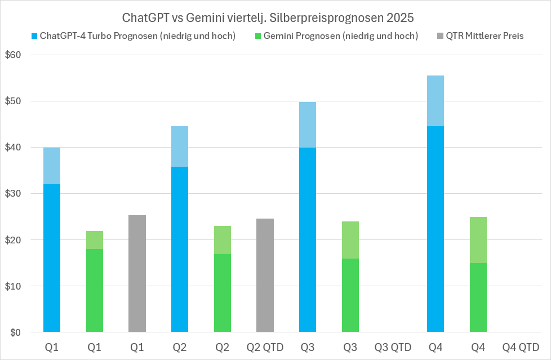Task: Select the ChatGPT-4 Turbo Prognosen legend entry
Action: click(x=133, y=36)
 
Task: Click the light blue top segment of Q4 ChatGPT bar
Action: click(x=436, y=100)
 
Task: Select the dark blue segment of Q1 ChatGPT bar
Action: click(x=52, y=258)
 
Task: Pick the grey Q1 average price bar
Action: click(x=137, y=273)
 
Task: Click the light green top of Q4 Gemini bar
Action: click(x=478, y=240)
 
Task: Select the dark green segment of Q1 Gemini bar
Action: click(x=95, y=290)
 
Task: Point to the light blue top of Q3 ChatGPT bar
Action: click(x=308, y=125)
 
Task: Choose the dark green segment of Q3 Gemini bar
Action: click(x=350, y=295)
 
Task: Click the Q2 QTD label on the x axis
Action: click(x=265, y=347)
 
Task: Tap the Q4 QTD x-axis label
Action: click(x=521, y=347)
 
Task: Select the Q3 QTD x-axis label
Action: click(x=393, y=347)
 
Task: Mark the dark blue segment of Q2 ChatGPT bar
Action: click(x=180, y=249)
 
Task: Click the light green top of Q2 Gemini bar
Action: click(x=223, y=240)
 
